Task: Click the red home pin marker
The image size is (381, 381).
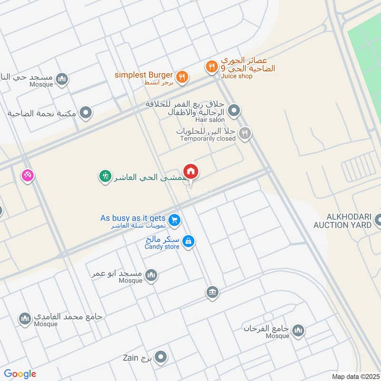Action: tap(191, 171)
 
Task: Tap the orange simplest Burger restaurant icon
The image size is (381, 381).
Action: tap(181, 76)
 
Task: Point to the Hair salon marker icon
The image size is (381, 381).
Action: tap(234, 111)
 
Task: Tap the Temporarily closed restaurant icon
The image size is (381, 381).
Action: tap(245, 134)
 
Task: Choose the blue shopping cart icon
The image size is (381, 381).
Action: tap(175, 220)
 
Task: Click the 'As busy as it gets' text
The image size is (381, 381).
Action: tap(133, 218)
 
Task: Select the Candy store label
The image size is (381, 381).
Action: tap(162, 247)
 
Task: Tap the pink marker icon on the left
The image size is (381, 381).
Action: tap(27, 176)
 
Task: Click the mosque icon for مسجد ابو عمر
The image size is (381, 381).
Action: tap(151, 276)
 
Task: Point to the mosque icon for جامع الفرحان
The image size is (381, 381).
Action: tap(298, 331)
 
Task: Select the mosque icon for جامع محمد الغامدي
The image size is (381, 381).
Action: tap(25, 319)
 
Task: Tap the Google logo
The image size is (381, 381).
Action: tap(20, 374)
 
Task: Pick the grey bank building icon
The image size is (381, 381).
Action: tap(212, 292)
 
